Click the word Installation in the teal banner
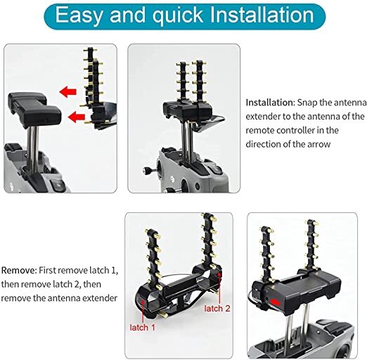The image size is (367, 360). [x=262, y=15]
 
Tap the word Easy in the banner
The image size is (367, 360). [x=79, y=15]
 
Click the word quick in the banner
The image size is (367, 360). [x=178, y=15]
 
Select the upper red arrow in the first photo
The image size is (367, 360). [x=68, y=91]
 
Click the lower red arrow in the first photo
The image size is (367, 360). [x=77, y=117]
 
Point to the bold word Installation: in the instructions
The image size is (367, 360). [x=271, y=103]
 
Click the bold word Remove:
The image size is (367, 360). [x=19, y=270]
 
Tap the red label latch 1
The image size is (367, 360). [x=143, y=327]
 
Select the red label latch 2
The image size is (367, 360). [x=217, y=309]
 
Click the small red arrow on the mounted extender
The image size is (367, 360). [x=275, y=302]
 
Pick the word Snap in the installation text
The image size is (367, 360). [x=307, y=103]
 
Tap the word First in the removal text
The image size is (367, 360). [x=48, y=270]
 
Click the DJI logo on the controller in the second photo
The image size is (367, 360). [x=173, y=180]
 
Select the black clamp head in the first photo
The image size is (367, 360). [x=34, y=110]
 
